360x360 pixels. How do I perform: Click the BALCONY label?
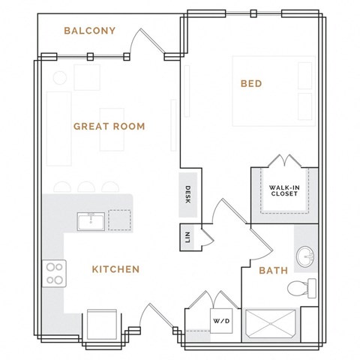pos(88,31)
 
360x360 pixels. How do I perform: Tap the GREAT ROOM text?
pos(109,126)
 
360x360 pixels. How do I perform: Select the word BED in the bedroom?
pos(250,84)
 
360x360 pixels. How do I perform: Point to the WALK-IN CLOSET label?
pos(283,190)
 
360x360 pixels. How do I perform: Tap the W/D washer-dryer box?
pos(221,321)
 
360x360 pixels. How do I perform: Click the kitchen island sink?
pos(90,220)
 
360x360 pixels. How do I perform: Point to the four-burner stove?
pos(55,273)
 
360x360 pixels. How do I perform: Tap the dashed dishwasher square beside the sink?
pos(119,220)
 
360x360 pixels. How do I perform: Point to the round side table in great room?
pos(58,76)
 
